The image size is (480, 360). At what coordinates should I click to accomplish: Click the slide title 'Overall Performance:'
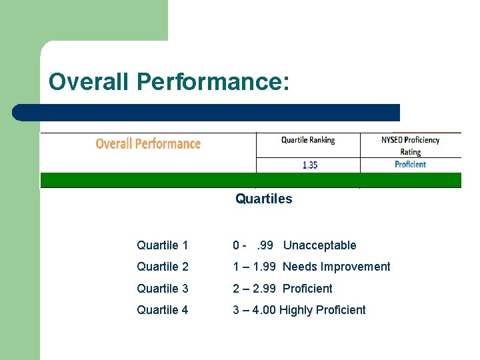169,82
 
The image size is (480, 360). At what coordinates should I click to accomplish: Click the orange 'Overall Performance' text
148,144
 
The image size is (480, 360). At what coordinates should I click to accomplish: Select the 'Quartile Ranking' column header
308,140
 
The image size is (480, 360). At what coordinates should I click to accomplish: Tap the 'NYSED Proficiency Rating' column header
410,145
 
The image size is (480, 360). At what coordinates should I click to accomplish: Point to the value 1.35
310,165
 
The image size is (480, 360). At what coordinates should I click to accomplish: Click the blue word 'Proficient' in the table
410,165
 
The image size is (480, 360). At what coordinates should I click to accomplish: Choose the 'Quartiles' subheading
263,199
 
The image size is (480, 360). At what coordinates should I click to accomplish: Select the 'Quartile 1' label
163,245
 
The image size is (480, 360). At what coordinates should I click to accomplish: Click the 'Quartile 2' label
163,267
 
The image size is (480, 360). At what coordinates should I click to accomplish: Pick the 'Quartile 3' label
163,289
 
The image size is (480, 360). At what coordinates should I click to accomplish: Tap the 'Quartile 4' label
163,310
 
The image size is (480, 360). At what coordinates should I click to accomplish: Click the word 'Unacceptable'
319,245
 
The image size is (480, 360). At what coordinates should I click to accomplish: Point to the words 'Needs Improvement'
336,267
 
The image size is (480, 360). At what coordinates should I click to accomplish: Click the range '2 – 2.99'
255,289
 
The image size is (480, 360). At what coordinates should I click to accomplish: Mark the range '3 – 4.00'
254,310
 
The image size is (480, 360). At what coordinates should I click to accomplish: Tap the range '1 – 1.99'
255,267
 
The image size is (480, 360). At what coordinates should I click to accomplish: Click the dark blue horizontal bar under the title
207,112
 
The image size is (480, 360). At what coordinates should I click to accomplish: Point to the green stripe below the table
251,180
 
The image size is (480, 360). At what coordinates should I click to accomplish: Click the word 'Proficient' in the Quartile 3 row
307,289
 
